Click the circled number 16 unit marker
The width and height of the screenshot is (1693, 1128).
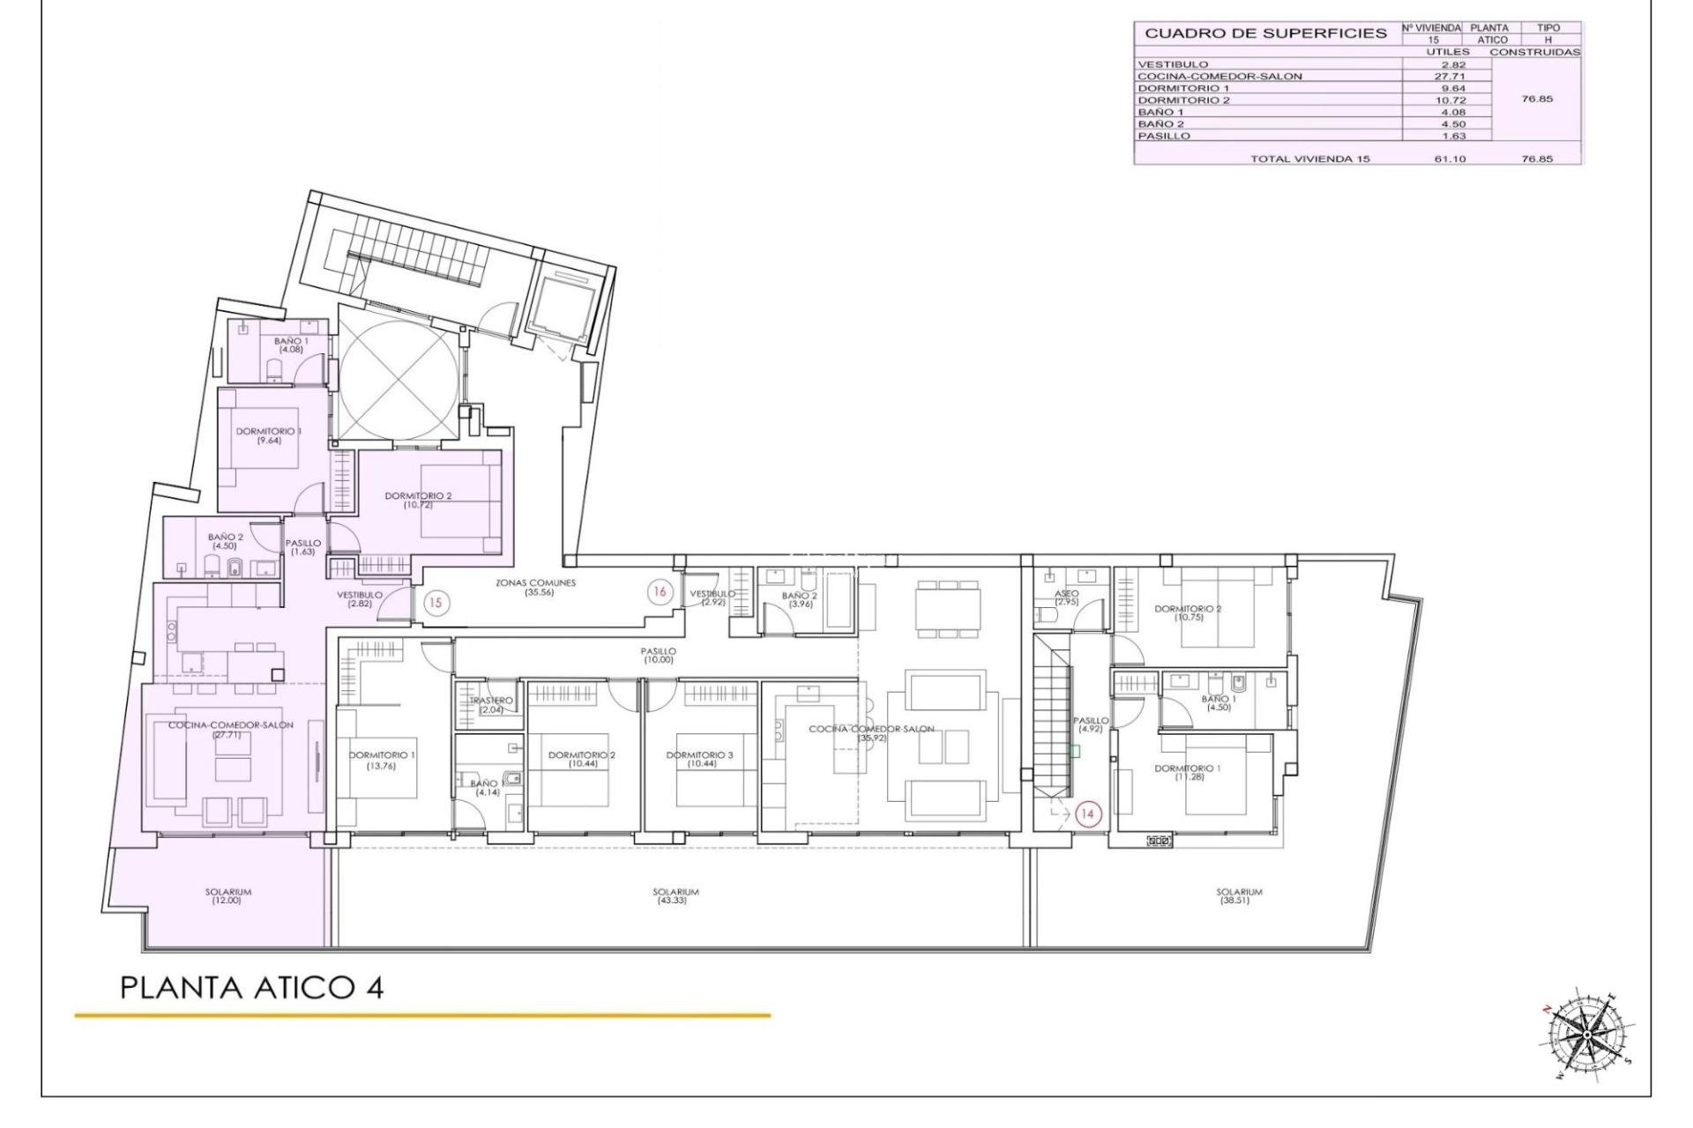(659, 592)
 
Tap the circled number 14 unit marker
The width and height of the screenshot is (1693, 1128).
(1087, 814)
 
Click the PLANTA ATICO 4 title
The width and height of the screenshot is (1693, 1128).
(251, 988)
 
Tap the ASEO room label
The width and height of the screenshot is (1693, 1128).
(1067, 598)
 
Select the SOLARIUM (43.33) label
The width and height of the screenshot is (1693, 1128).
(676, 896)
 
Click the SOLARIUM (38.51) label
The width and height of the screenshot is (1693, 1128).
(1239, 896)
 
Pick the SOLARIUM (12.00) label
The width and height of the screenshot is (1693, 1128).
(227, 896)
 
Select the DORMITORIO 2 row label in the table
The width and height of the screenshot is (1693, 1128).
(1183, 100)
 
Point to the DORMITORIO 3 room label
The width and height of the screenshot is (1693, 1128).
(699, 760)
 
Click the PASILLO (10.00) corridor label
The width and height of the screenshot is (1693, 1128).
(659, 656)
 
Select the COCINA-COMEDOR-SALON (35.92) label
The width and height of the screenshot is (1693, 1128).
(871, 733)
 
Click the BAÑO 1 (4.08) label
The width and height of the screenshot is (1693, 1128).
(291, 345)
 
